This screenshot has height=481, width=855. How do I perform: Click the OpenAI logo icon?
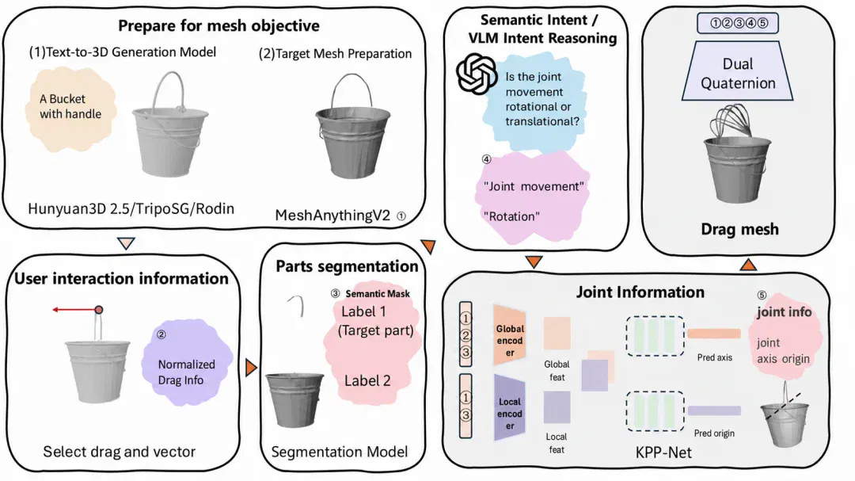476,74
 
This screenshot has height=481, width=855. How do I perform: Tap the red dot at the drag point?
99,310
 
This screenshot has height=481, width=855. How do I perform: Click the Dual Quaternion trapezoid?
737,73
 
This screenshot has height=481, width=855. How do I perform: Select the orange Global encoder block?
509,334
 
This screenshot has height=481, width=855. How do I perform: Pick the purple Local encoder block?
509,408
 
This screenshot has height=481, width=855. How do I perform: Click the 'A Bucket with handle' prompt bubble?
71,108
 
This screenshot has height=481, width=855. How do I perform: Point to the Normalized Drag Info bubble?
187,362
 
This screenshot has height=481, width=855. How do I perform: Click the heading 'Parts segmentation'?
347,266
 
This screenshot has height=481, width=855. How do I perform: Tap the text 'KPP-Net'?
663,452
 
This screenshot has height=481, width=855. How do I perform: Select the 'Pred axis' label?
714,357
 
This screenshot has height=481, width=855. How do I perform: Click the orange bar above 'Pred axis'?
714,334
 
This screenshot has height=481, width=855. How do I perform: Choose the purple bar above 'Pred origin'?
714,410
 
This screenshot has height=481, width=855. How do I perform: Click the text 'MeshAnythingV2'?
332,216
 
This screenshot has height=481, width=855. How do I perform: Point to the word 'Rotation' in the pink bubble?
511,217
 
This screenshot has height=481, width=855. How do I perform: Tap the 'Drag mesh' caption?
739,229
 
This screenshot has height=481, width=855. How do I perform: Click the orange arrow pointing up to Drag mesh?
748,265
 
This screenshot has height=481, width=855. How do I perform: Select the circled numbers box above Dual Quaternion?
738,23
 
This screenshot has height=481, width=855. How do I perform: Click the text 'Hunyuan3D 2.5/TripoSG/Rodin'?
131,208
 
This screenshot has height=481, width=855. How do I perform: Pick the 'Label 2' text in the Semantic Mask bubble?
367,381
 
